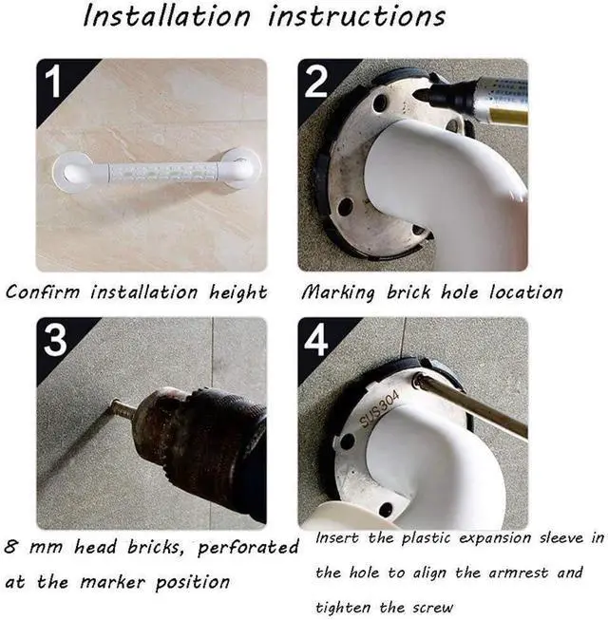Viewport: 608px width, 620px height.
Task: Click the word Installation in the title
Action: (x=167, y=16)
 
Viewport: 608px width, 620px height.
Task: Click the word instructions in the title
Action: (x=357, y=16)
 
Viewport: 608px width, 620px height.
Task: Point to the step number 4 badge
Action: (x=316, y=339)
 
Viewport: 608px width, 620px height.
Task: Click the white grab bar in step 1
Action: (x=157, y=171)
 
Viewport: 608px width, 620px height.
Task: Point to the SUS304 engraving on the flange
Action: (x=380, y=409)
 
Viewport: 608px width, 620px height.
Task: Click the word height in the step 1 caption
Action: (x=238, y=292)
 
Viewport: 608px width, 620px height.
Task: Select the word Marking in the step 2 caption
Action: (x=338, y=292)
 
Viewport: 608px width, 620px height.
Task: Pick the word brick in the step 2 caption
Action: (x=408, y=291)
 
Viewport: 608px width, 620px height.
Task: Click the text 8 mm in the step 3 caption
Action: (x=33, y=547)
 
